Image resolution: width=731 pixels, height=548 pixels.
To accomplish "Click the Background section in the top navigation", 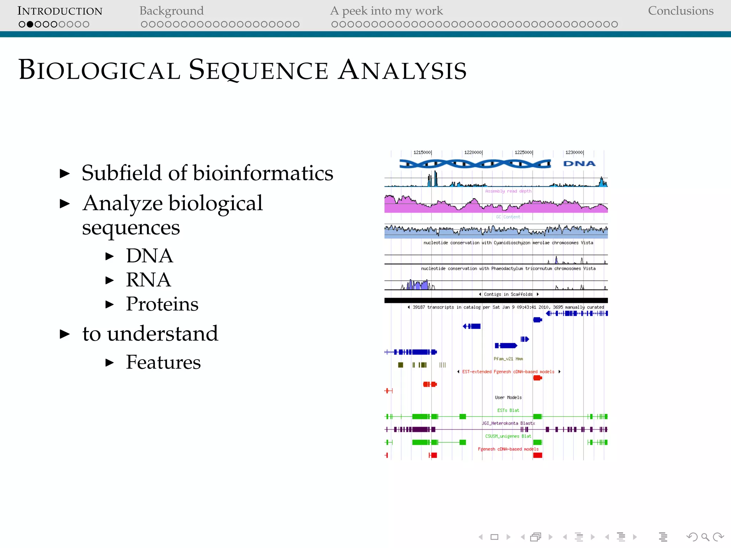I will click(171, 11).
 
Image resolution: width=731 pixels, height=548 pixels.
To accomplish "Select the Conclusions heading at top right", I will click(680, 11).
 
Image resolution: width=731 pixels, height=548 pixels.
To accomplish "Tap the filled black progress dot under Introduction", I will click(30, 24).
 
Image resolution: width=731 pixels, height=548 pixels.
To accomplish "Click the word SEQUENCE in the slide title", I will click(258, 70).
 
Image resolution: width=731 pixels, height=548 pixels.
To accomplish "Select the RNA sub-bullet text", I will click(148, 280).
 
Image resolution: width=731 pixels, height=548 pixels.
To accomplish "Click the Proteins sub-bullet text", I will click(162, 304).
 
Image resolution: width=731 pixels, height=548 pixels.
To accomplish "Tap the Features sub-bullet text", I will click(163, 362).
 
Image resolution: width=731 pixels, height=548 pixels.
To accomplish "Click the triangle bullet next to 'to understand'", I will click(65, 334).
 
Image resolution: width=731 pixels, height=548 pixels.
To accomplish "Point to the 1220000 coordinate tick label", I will click(473, 152).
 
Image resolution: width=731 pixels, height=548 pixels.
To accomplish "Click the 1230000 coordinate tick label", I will click(574, 152).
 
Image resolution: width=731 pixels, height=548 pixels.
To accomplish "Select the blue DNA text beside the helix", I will click(579, 164).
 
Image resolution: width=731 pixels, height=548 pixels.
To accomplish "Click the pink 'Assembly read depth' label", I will click(508, 191).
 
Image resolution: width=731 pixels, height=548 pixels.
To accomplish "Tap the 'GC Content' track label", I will click(508, 217).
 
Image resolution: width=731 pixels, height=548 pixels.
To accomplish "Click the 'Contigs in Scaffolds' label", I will click(508, 294).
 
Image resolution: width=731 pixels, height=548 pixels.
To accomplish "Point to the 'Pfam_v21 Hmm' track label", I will click(508, 359).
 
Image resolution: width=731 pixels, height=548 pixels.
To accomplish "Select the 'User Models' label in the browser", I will click(508, 397).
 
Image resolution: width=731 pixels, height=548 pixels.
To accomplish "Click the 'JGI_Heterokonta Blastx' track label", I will click(508, 423).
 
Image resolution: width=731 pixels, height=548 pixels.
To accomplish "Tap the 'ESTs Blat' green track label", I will click(508, 410).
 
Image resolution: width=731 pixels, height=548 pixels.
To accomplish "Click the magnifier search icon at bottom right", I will click(705, 537).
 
